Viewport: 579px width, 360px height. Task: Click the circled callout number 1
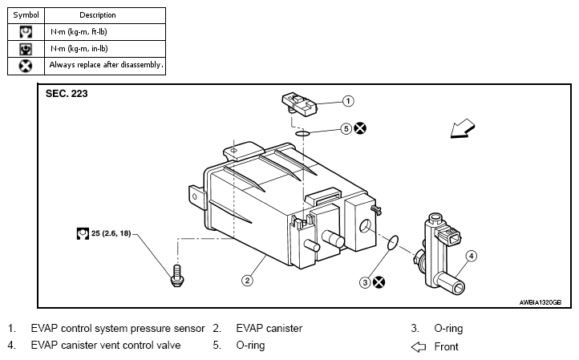(348, 101)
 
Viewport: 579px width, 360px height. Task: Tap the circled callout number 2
(248, 281)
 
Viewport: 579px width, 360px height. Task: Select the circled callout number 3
(365, 282)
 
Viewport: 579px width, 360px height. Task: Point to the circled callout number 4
(471, 256)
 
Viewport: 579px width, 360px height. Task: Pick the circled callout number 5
(346, 128)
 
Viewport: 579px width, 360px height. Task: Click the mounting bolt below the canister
(177, 276)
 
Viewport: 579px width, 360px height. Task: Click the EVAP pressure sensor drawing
(299, 103)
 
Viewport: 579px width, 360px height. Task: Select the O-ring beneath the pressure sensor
(302, 133)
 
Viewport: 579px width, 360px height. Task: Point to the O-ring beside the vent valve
(392, 243)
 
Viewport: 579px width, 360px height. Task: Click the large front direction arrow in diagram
(462, 128)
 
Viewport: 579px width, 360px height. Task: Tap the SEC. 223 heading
(67, 94)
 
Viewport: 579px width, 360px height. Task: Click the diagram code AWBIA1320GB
(541, 302)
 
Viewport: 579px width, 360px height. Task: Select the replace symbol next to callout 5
(360, 128)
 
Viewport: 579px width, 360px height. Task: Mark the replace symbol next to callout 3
(379, 282)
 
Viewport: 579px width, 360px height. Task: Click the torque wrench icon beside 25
(83, 233)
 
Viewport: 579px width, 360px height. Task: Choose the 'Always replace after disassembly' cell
(105, 66)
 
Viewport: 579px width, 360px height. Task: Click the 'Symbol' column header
(26, 15)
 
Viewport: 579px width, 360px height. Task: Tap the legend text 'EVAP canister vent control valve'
(106, 346)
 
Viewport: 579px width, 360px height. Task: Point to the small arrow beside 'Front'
(419, 346)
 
